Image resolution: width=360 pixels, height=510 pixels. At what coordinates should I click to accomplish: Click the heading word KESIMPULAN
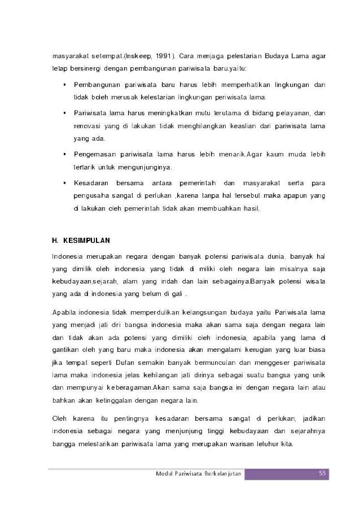click(x=87, y=240)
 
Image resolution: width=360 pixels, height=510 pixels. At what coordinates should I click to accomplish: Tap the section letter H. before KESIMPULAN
click(x=55, y=240)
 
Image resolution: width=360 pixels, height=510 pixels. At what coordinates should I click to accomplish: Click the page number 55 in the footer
click(x=322, y=473)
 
